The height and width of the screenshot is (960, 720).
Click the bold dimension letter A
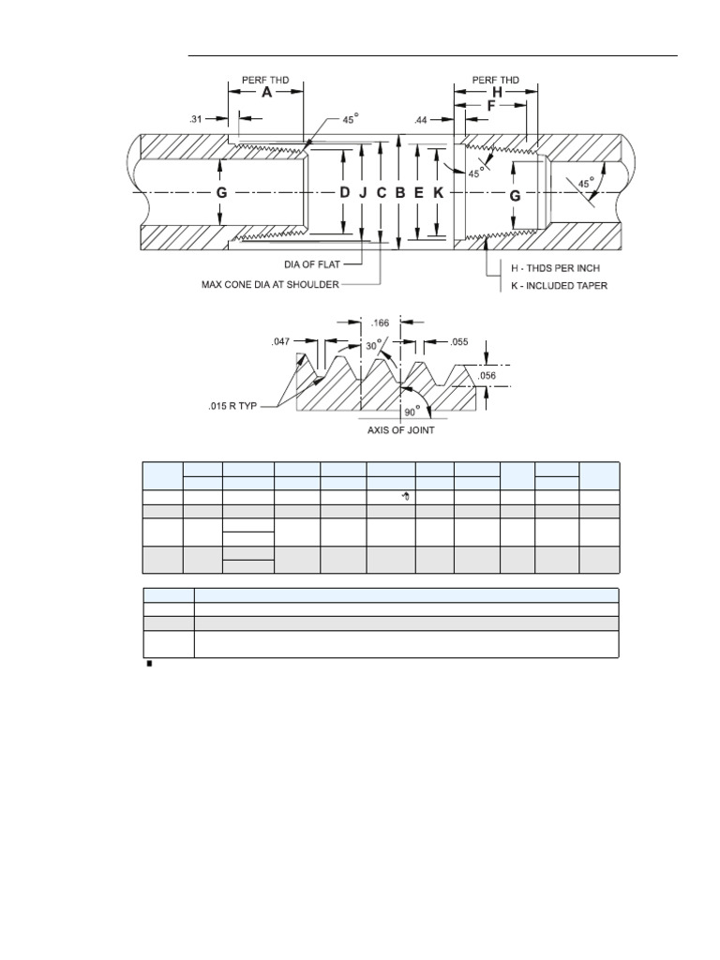pyautogui.click(x=266, y=93)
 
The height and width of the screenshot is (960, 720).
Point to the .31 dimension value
pyautogui.click(x=196, y=118)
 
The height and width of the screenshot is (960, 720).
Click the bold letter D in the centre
pyautogui.click(x=344, y=193)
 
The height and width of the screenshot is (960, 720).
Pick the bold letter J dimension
pyautogui.click(x=363, y=193)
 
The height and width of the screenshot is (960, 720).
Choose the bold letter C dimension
pyautogui.click(x=382, y=193)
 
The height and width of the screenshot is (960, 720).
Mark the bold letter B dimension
pyautogui.click(x=400, y=193)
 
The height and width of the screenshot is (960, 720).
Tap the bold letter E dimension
pyautogui.click(x=419, y=193)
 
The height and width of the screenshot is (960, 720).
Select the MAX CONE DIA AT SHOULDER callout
pyautogui.click(x=271, y=282)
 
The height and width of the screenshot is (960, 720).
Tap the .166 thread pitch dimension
pyautogui.click(x=381, y=322)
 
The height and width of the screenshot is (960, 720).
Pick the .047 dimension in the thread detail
pyautogui.click(x=281, y=342)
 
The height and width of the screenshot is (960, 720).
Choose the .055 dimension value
pyautogui.click(x=458, y=342)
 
